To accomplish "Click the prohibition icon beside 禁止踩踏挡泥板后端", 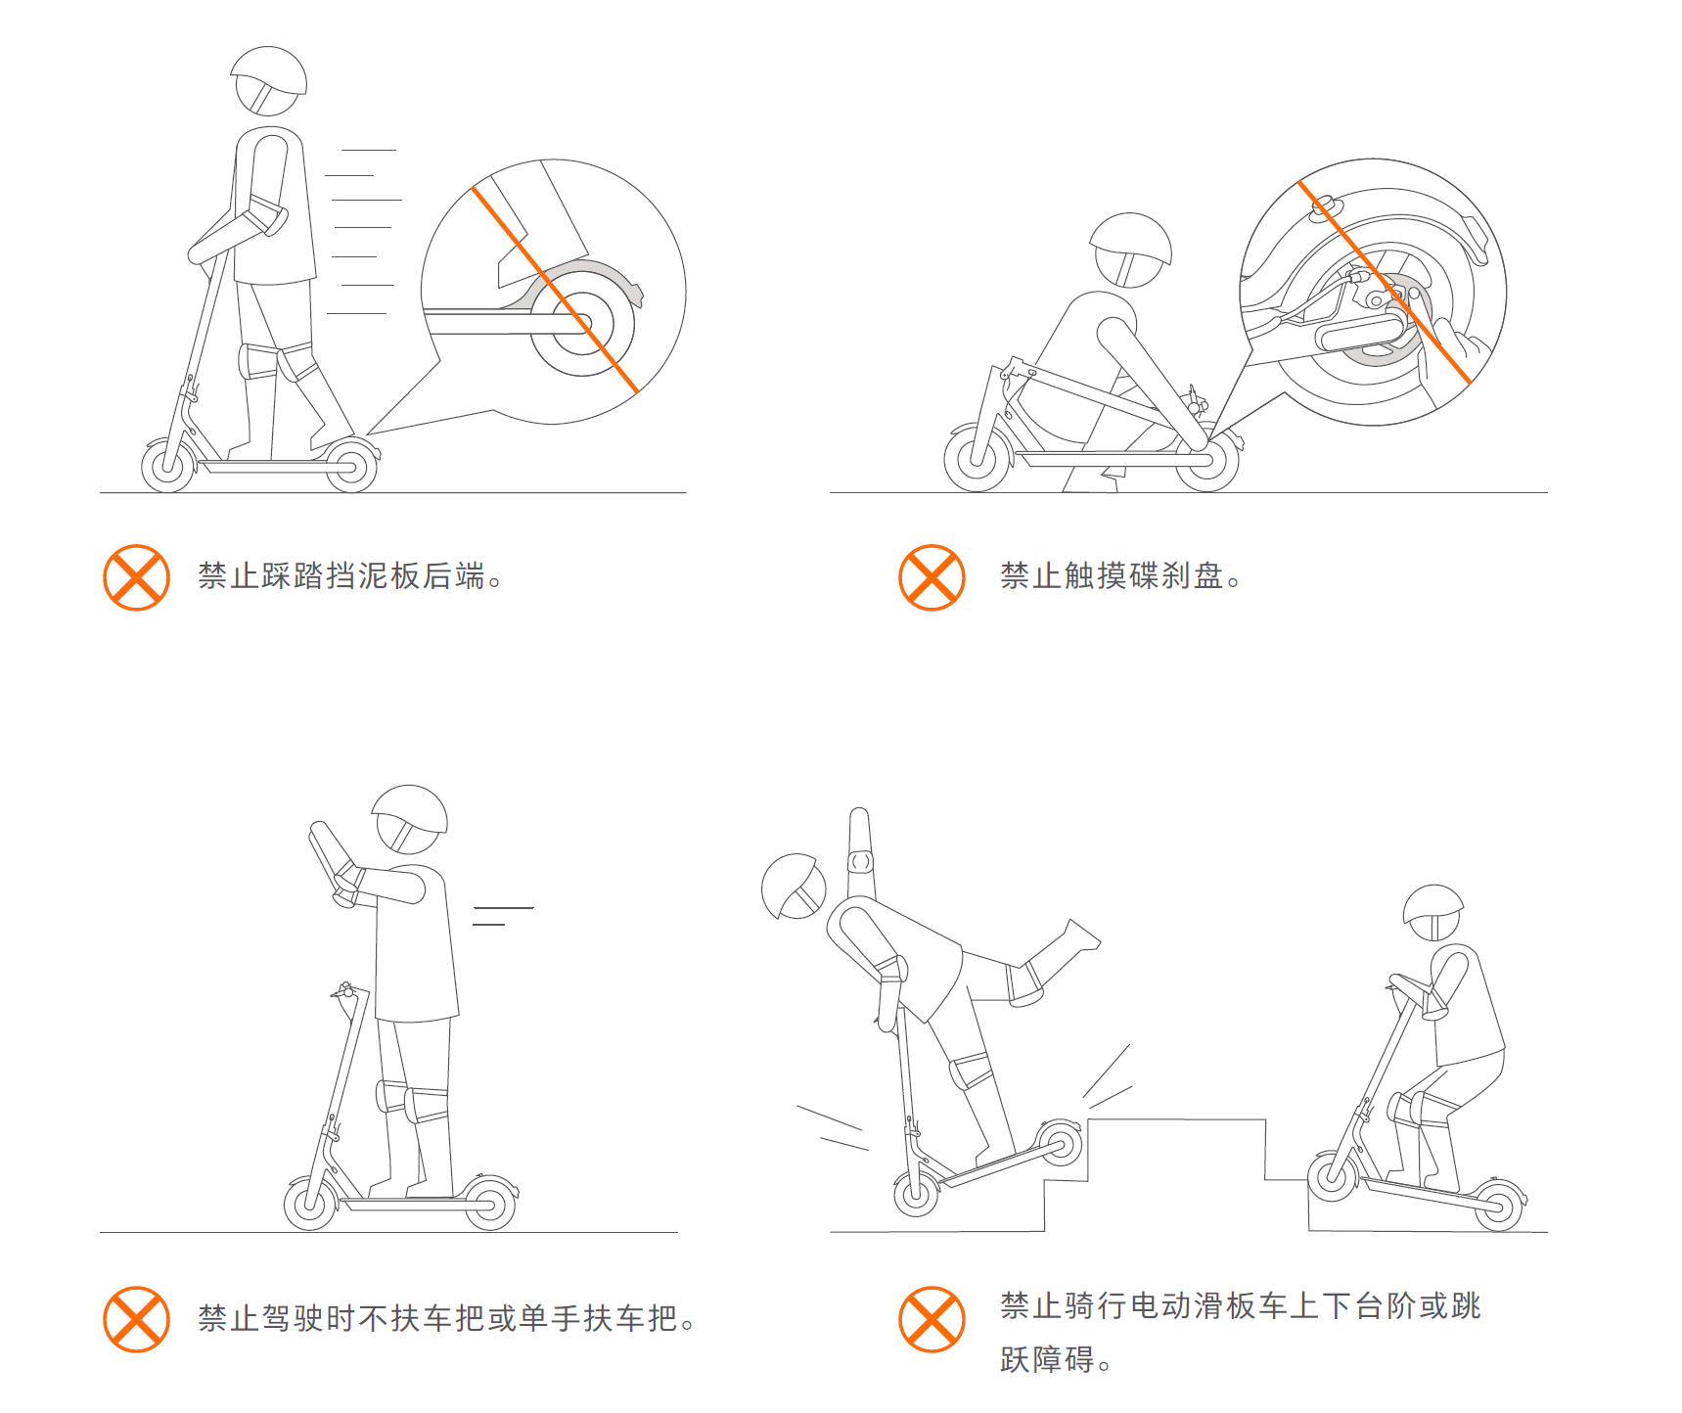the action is (x=136, y=577).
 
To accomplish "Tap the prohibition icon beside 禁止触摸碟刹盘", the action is (x=932, y=577).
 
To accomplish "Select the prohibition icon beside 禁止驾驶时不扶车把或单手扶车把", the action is (x=136, y=1319).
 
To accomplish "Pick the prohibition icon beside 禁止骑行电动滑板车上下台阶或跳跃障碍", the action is (x=932, y=1319).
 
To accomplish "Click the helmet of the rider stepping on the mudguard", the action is (x=268, y=80).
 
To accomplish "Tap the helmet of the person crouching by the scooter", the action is (x=1130, y=250).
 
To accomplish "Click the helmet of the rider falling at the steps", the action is (x=794, y=887).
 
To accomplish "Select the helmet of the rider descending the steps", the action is (x=1432, y=912).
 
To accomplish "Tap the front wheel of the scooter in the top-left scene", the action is (x=168, y=465).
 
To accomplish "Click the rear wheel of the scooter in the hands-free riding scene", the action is (x=489, y=1204).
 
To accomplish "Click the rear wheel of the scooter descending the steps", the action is (x=1498, y=1206).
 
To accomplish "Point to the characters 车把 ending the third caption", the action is (x=647, y=1318).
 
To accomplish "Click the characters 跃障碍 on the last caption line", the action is (x=1047, y=1359).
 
